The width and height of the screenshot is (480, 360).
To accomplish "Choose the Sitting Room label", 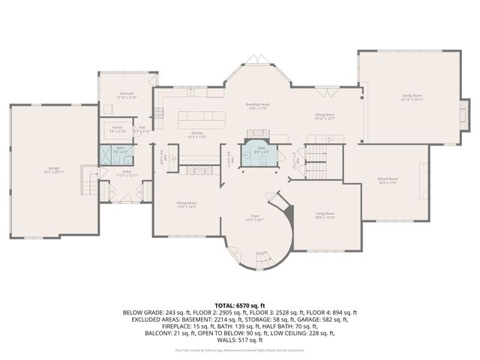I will (x=325, y=116).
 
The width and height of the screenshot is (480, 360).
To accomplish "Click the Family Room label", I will (x=412, y=97).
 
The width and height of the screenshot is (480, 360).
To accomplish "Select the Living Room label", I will (x=325, y=215).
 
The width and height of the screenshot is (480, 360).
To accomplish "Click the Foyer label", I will (x=256, y=217).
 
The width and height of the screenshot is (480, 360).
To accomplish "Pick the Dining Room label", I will (x=187, y=204).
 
